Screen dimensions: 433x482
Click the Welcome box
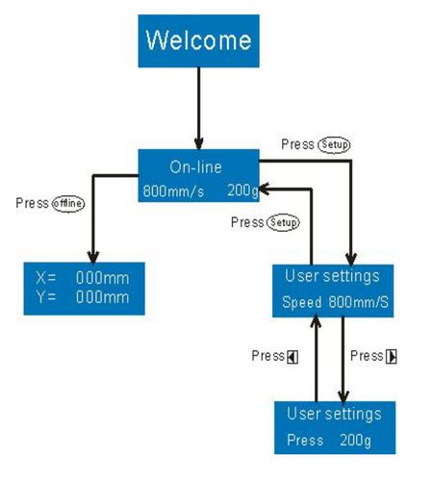pos(198,41)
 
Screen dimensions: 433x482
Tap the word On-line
pos(195,167)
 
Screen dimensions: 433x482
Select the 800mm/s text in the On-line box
pos(173,191)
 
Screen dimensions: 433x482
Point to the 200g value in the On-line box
pos(242,190)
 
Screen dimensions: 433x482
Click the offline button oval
pos(68,204)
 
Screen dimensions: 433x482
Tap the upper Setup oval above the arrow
pos(334,144)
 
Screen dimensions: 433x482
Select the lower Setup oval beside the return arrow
pos(283,222)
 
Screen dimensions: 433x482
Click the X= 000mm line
pos(83,278)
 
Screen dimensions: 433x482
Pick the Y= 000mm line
pos(83,297)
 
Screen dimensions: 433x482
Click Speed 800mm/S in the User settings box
pos(335,302)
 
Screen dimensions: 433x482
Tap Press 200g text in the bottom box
pos(329,440)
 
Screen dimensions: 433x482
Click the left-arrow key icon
pos(293,357)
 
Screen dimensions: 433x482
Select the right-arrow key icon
pos(392,357)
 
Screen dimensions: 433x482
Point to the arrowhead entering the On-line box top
pos(199,143)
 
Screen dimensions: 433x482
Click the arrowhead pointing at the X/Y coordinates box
pos(93,257)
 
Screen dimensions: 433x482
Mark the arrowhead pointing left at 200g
pos(264,190)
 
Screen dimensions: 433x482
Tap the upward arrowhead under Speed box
pos(316,321)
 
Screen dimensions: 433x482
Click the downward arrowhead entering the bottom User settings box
pos(344,396)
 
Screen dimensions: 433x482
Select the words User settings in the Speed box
pos(332,276)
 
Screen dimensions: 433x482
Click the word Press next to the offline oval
pos(32,203)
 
